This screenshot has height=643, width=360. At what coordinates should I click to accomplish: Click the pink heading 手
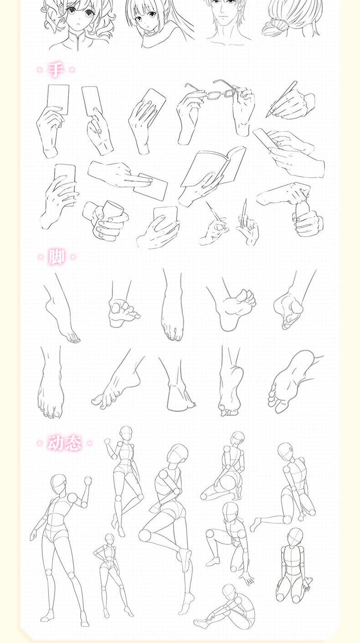[x=56, y=69]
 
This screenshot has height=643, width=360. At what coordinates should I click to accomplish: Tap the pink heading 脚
[x=56, y=257]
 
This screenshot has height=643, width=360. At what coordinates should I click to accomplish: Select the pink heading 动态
[x=65, y=443]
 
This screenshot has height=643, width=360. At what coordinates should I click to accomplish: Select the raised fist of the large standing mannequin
[x=88, y=480]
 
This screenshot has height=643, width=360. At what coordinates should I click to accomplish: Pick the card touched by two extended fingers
[x=150, y=187]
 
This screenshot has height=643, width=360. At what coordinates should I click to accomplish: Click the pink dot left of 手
[x=40, y=69]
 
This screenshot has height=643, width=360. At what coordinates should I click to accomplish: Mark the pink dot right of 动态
[x=89, y=443]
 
